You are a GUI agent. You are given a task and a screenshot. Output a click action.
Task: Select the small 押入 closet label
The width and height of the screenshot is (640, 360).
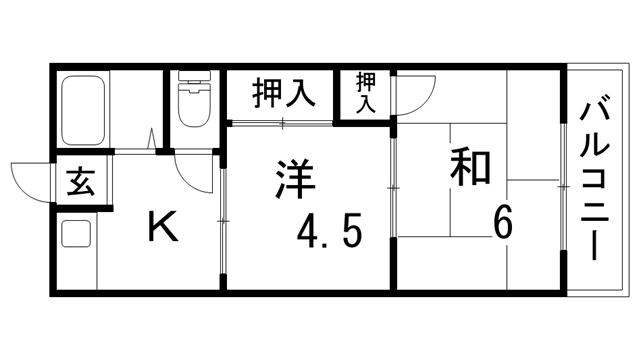(365, 93)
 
